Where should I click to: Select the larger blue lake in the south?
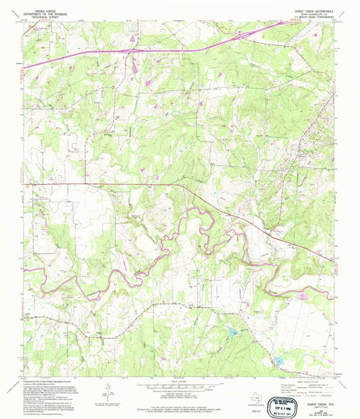click(x=233, y=332)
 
